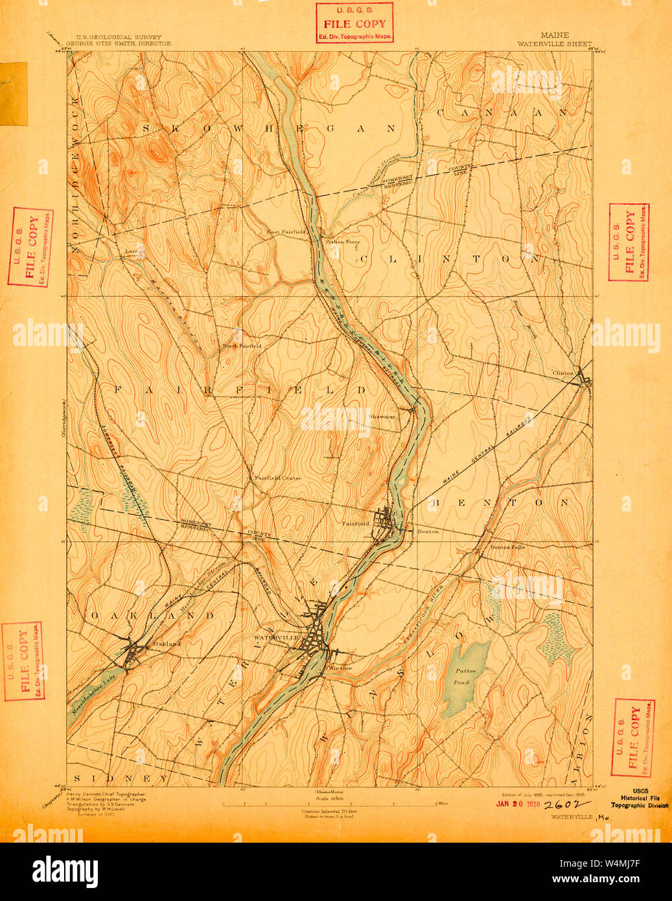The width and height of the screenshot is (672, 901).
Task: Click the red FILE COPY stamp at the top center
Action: pyautogui.click(x=354, y=23)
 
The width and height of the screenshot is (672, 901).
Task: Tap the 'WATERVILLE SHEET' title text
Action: pyautogui.click(x=554, y=44)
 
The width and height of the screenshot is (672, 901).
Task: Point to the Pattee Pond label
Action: pyautogui.click(x=465, y=676)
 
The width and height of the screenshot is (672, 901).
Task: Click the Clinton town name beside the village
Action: pyautogui.click(x=562, y=373)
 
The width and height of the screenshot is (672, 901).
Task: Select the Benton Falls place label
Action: pyautogui.click(x=507, y=547)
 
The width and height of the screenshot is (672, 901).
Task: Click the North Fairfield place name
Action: pyautogui.click(x=242, y=346)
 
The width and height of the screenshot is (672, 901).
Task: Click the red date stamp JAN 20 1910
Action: pyautogui.click(x=516, y=804)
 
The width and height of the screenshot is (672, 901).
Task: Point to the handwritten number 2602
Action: pyautogui.click(x=562, y=804)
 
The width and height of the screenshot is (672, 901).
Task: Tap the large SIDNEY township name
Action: pyautogui.click(x=121, y=777)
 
